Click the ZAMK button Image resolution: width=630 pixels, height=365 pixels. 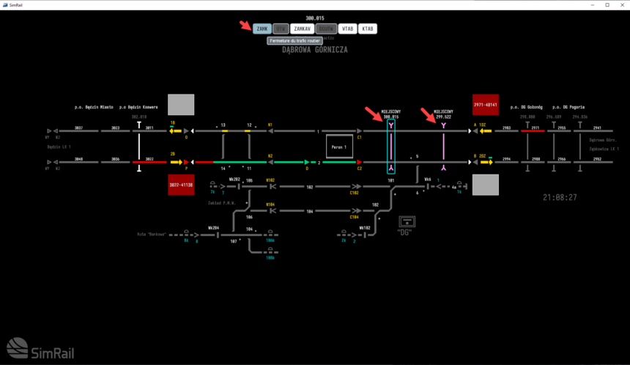point(262,29)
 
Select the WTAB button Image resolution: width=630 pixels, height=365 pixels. point(347,29)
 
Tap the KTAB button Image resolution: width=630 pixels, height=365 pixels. point(368,29)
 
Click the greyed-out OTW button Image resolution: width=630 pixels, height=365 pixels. point(281,29)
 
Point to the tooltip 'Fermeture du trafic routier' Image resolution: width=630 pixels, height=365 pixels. point(295,40)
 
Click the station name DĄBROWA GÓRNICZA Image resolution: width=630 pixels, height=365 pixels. point(315,50)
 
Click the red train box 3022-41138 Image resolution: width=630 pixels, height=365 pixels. point(181,185)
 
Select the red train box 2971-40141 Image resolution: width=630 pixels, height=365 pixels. point(486,105)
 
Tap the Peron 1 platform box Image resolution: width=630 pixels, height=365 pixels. point(339,147)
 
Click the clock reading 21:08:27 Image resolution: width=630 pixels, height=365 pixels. point(560,197)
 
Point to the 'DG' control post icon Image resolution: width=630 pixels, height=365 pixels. point(407,224)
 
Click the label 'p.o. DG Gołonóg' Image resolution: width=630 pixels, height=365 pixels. point(525,107)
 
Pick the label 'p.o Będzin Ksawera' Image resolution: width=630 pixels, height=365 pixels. point(138,107)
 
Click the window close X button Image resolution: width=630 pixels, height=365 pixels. point(621,4)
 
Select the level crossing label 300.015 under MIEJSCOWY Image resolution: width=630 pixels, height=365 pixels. point(390,117)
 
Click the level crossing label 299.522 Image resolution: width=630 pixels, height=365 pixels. point(443,117)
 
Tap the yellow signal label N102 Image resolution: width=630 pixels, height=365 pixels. point(270,180)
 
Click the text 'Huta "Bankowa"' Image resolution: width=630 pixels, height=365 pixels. point(152,235)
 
